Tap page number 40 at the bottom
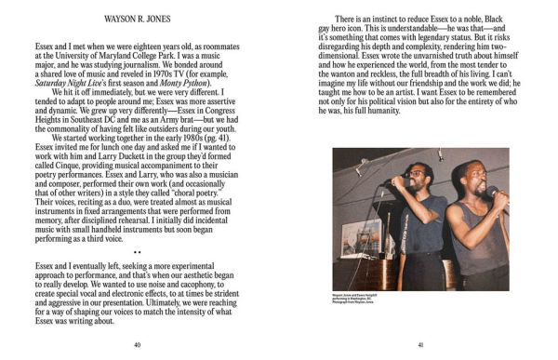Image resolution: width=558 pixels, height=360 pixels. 137,344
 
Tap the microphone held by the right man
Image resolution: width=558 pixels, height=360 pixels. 494,195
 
